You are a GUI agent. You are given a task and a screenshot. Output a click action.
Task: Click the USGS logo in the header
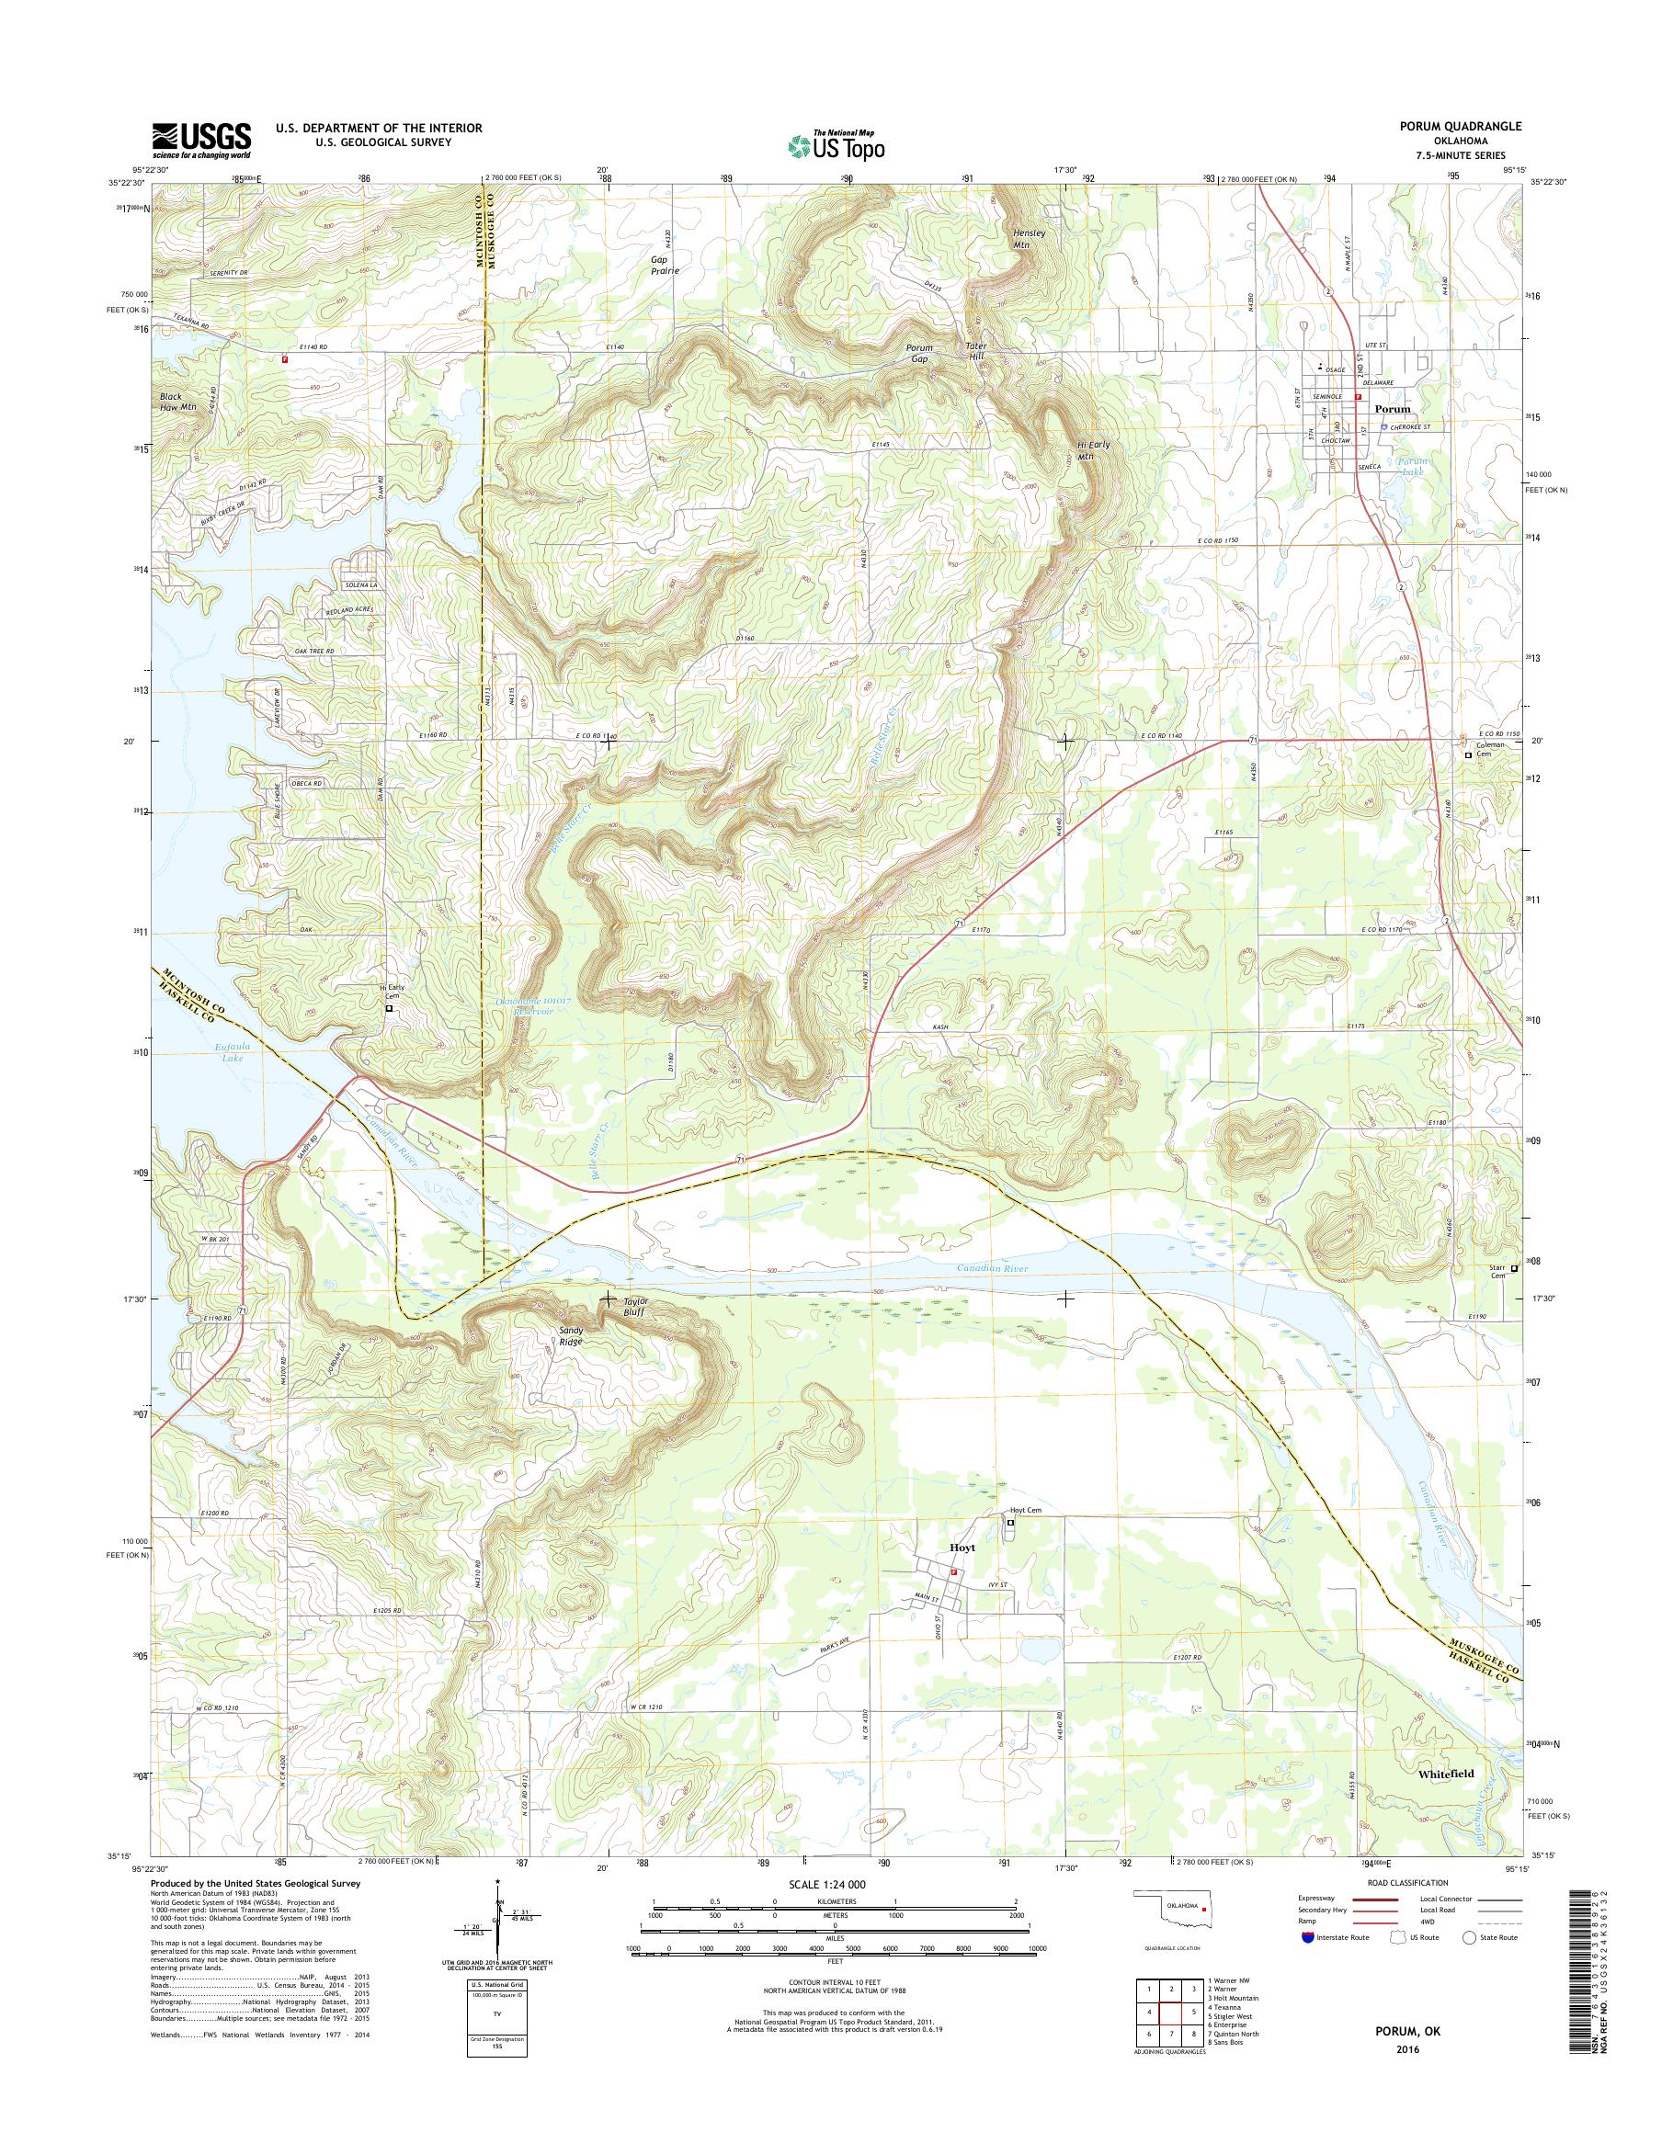pyautogui.click(x=200, y=141)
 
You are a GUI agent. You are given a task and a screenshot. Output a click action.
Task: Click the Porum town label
pyautogui.click(x=1392, y=409)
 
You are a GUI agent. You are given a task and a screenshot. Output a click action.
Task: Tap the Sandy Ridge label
pyautogui.click(x=570, y=1336)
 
